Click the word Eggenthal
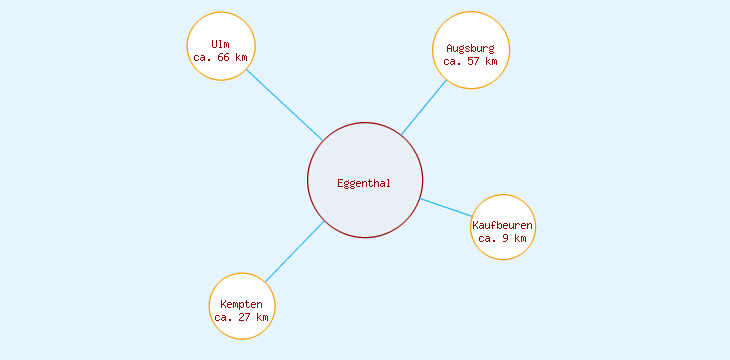tap(365, 183)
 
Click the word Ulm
tap(221, 44)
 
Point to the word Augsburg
tap(471, 48)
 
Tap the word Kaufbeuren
tap(503, 226)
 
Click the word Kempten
tap(242, 304)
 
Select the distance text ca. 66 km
tap(221, 57)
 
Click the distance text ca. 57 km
tap(471, 61)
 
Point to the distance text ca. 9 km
tap(503, 238)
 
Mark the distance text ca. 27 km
tap(242, 317)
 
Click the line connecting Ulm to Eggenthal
tap(284, 105)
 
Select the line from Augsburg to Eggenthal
tap(424, 107)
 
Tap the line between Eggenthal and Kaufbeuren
tap(446, 207)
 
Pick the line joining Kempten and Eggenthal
tap(294, 252)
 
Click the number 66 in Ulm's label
tap(224, 57)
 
